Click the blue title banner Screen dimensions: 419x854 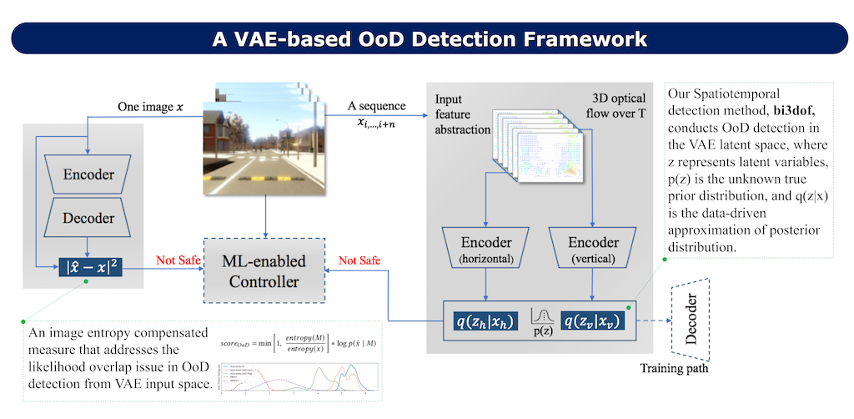click(426, 38)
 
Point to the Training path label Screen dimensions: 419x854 click(675, 367)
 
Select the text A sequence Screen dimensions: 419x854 click(378, 106)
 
